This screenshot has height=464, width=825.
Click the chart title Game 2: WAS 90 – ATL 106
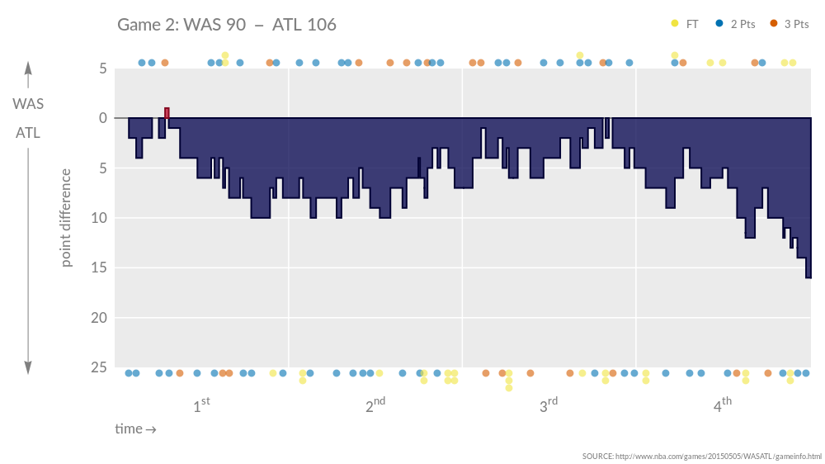click(x=227, y=25)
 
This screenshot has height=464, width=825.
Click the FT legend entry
click(x=685, y=24)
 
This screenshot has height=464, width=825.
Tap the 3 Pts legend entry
click(x=789, y=24)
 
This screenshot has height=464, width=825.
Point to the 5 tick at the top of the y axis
click(x=102, y=69)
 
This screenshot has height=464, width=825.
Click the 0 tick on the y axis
click(x=102, y=118)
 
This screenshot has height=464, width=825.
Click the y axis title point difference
click(x=67, y=217)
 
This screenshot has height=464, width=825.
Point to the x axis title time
click(x=135, y=428)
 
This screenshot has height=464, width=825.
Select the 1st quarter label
click(x=201, y=405)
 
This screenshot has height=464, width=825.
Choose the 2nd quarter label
click(x=375, y=405)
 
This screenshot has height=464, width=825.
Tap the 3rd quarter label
click(x=549, y=405)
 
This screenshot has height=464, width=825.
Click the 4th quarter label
click(x=723, y=405)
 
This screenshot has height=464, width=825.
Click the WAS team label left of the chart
click(x=28, y=104)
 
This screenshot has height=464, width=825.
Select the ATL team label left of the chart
click(x=28, y=132)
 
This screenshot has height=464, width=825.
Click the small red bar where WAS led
click(x=167, y=113)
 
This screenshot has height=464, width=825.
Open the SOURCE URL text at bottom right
click(x=701, y=456)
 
